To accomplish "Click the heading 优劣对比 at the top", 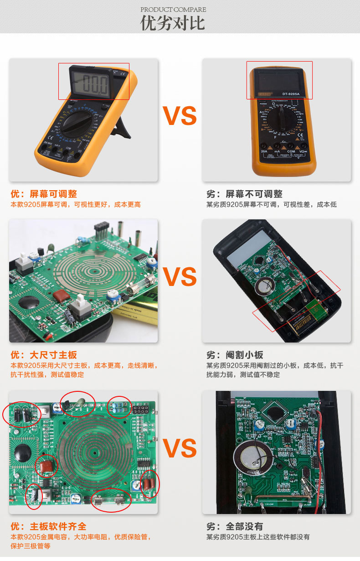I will [173, 22].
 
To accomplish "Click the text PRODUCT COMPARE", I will [173, 10].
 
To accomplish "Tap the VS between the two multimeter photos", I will [180, 116].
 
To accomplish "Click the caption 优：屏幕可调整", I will [44, 194].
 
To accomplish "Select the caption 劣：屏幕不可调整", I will [244, 194].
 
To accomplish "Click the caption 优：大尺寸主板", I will [44, 354].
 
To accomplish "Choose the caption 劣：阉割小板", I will [235, 354].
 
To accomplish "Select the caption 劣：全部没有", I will [234, 526].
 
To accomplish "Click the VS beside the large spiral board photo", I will [180, 448].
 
